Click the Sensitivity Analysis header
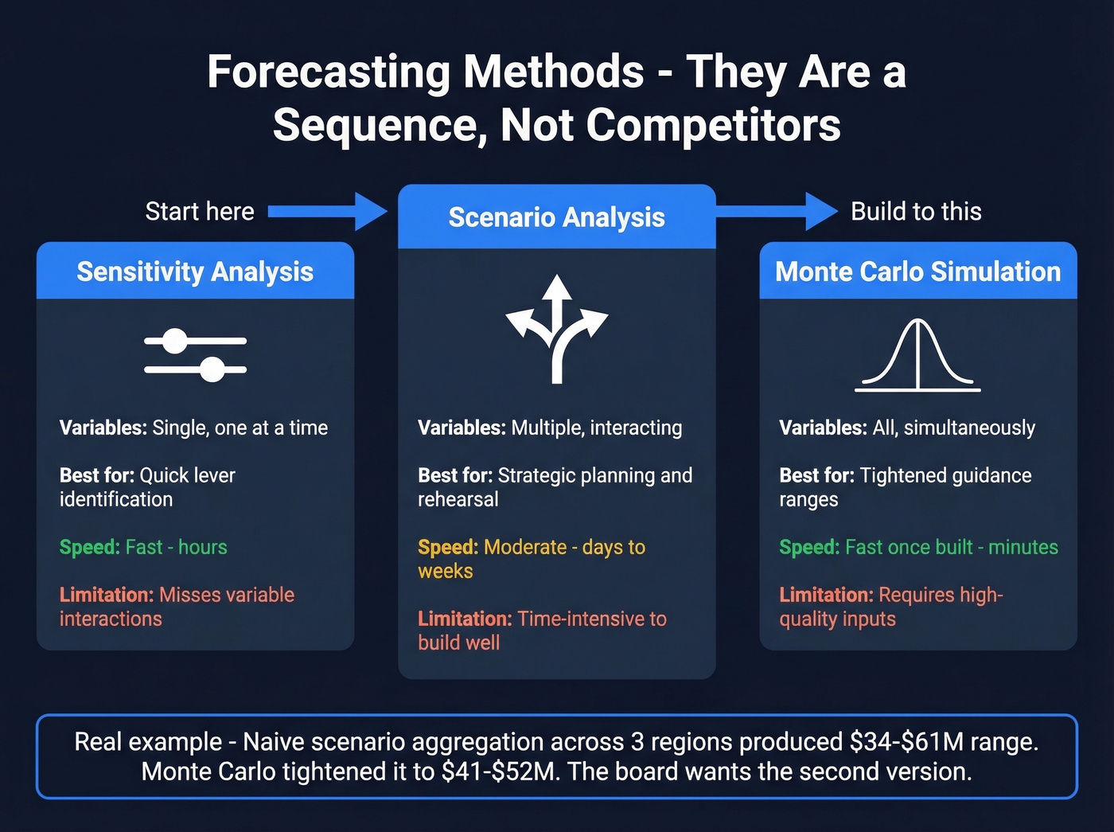click(x=195, y=271)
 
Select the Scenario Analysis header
click(x=556, y=217)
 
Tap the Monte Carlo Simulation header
click(x=917, y=271)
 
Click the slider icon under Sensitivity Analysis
click(x=195, y=355)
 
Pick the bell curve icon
click(x=917, y=355)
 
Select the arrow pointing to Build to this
click(x=776, y=211)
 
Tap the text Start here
click(x=200, y=212)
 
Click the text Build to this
click(x=916, y=212)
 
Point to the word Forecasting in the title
click(x=329, y=72)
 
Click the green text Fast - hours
click(x=176, y=547)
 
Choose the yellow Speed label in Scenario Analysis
click(x=448, y=547)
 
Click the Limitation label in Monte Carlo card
click(x=826, y=595)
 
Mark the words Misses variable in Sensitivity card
click(x=227, y=595)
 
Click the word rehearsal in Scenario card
click(x=458, y=500)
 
